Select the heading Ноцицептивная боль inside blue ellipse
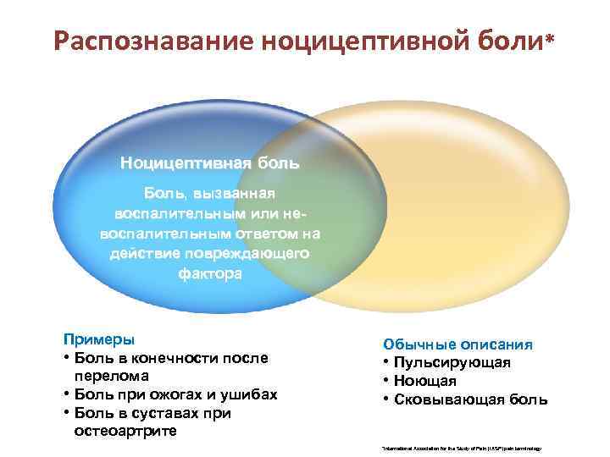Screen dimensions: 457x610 coord(209,161)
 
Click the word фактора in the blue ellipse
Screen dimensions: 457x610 coord(209,273)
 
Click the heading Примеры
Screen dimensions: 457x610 coord(98,339)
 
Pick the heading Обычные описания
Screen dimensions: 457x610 coord(457,344)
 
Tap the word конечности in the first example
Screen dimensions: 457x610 coord(158,358)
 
